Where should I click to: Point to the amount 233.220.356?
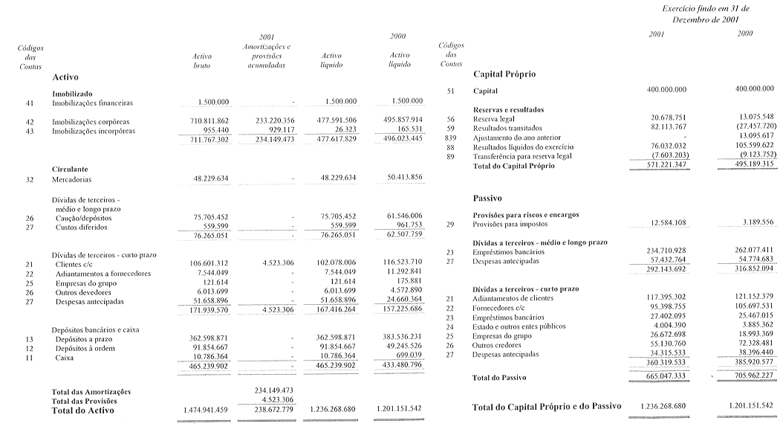tap(270, 121)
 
